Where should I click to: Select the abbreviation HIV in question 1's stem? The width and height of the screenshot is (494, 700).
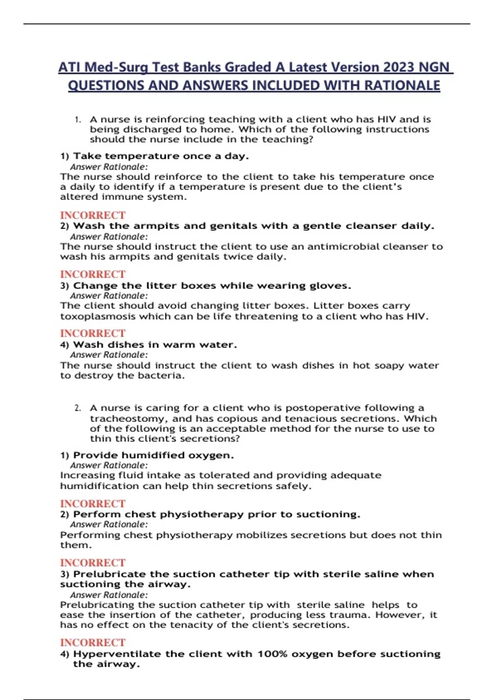(x=386, y=119)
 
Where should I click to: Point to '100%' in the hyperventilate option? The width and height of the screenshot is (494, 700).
(x=272, y=654)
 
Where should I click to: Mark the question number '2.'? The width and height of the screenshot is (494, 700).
(x=78, y=408)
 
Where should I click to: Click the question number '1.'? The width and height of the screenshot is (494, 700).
(x=78, y=119)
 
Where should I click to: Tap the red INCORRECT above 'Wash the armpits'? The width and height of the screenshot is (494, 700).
(x=93, y=215)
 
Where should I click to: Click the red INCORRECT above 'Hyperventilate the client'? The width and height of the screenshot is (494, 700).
(x=93, y=642)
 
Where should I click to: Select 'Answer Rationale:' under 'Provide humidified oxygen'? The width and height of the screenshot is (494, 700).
(x=109, y=465)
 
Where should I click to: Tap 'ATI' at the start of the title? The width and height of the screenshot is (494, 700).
(x=69, y=67)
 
